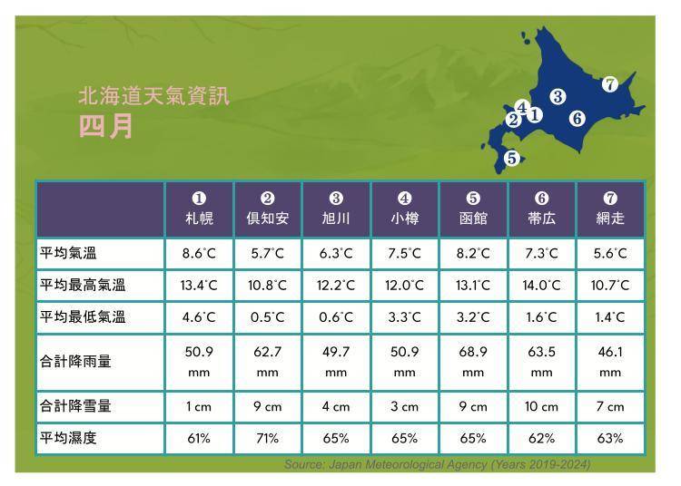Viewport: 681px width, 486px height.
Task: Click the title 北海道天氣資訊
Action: click(154, 96)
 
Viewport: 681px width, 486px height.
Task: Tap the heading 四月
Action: click(106, 126)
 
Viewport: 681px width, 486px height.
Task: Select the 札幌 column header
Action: click(199, 209)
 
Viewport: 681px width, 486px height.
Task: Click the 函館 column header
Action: click(473, 209)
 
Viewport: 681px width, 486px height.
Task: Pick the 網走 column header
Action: click(610, 209)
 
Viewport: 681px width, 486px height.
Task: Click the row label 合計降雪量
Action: click(75, 407)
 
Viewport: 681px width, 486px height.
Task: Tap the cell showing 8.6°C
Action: click(199, 254)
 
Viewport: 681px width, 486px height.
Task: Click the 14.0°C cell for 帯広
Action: click(541, 286)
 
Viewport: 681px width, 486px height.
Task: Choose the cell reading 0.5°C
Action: click(267, 317)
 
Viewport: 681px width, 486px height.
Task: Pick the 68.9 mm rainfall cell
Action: click(473, 361)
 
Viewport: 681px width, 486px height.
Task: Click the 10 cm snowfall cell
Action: click(541, 407)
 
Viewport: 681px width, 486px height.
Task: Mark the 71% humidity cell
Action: click(267, 439)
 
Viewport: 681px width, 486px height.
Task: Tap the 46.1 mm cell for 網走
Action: click(610, 361)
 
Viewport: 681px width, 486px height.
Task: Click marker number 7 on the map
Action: click(610, 85)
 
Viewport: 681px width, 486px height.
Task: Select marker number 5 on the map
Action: click(512, 159)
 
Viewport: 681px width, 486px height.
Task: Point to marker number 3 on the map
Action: click(558, 97)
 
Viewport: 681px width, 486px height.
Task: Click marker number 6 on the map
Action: click(577, 118)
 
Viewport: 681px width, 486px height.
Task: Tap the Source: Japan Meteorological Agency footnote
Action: click(437, 465)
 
